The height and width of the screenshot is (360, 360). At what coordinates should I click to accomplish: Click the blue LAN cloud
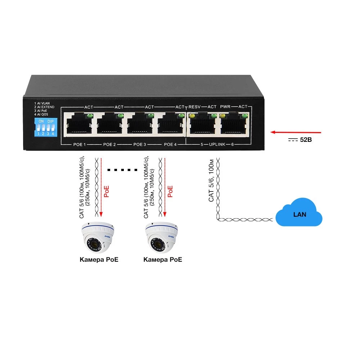point(299,214)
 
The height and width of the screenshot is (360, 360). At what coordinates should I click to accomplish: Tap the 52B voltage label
point(306,140)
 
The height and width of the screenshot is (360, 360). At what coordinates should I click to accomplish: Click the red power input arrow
point(295,132)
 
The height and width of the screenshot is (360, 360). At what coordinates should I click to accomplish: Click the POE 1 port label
point(79,144)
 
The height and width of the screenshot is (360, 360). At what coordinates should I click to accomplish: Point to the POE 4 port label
point(170,144)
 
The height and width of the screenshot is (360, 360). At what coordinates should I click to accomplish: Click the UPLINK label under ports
point(217,144)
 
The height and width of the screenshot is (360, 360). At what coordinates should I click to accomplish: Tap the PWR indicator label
point(225,107)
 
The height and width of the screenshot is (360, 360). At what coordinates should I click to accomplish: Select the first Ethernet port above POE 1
point(78,124)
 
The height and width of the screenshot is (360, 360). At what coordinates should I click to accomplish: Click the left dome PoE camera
point(98,238)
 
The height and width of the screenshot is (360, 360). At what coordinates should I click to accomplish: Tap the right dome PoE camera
point(162,238)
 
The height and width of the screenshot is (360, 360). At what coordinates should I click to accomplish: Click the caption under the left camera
point(99,260)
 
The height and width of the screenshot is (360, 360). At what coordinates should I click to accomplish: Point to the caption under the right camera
point(163,260)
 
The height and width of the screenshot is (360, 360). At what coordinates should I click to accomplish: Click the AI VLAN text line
point(44,103)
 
